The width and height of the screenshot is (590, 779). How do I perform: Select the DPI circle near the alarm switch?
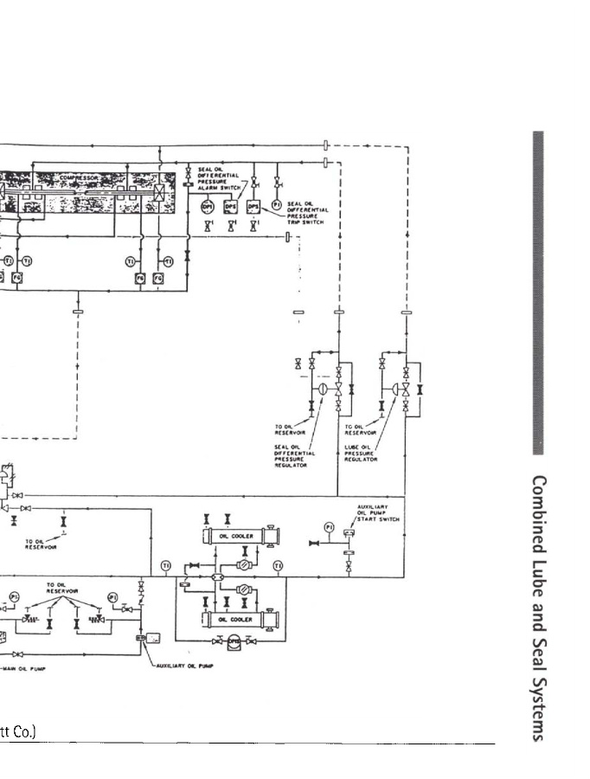point(208,206)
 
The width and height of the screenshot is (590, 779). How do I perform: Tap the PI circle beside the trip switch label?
point(277,204)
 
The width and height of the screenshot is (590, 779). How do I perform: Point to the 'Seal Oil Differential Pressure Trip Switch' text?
point(306,213)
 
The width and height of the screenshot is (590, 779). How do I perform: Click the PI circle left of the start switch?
point(329,527)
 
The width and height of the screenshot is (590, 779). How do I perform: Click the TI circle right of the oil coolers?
point(278,566)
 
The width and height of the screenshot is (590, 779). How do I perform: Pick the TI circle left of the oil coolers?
point(166,566)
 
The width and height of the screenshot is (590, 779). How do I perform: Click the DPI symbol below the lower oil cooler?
point(232,641)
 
